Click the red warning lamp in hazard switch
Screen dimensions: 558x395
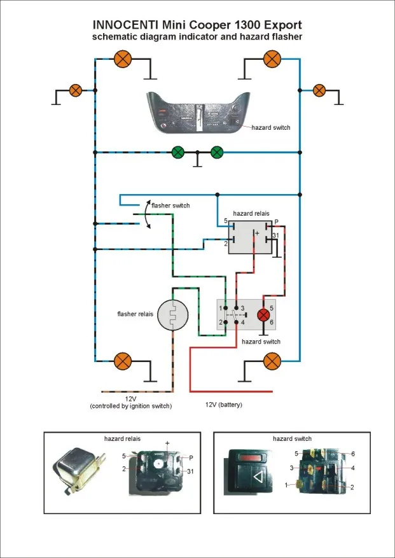263,315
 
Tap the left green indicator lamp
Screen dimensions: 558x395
179,152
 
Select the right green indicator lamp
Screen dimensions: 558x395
217,152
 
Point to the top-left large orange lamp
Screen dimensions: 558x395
122,60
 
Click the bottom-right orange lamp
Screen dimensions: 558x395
272,362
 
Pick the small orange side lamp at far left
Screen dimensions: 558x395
76,90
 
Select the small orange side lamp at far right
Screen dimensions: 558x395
319,90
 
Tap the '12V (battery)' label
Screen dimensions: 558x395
224,405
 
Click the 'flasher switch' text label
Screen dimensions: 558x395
170,206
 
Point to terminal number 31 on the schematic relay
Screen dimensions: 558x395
275,236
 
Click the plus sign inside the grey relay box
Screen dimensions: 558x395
258,234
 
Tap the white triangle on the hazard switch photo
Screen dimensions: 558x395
257,477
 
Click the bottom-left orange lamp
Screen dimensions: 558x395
122,362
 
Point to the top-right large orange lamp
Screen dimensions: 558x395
272,60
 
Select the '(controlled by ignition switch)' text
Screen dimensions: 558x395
131,406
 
